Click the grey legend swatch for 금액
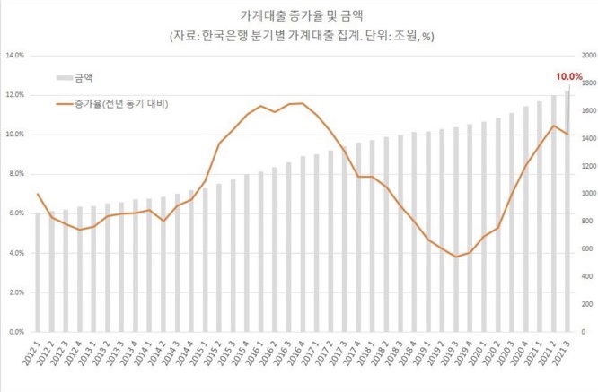coord(64,78)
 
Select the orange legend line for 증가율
coord(64,103)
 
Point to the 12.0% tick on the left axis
coord(15,95)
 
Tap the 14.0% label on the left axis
coord(15,56)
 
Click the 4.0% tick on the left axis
coord(17,253)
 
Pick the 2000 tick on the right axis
coord(589,56)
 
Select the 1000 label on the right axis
coord(589,194)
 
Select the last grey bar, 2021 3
coord(567,211)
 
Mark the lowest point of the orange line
coord(456,257)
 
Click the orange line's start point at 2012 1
coord(39,194)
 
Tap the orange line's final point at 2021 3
coord(567,135)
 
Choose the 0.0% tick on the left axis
coord(17,332)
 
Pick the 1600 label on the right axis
coord(589,111)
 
